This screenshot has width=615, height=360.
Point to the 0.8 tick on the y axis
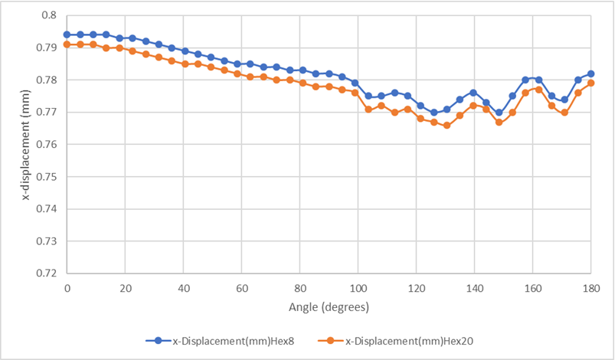[x=48, y=15]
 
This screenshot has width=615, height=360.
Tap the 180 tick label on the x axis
[x=590, y=288]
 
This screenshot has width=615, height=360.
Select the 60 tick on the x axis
[x=242, y=288]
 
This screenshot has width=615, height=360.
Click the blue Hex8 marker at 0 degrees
[x=67, y=34]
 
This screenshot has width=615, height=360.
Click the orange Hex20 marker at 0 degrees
[x=67, y=44]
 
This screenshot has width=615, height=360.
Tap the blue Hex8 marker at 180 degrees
[x=590, y=74]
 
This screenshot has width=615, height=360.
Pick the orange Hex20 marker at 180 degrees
[x=590, y=83]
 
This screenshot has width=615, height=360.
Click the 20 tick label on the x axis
[x=126, y=288]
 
